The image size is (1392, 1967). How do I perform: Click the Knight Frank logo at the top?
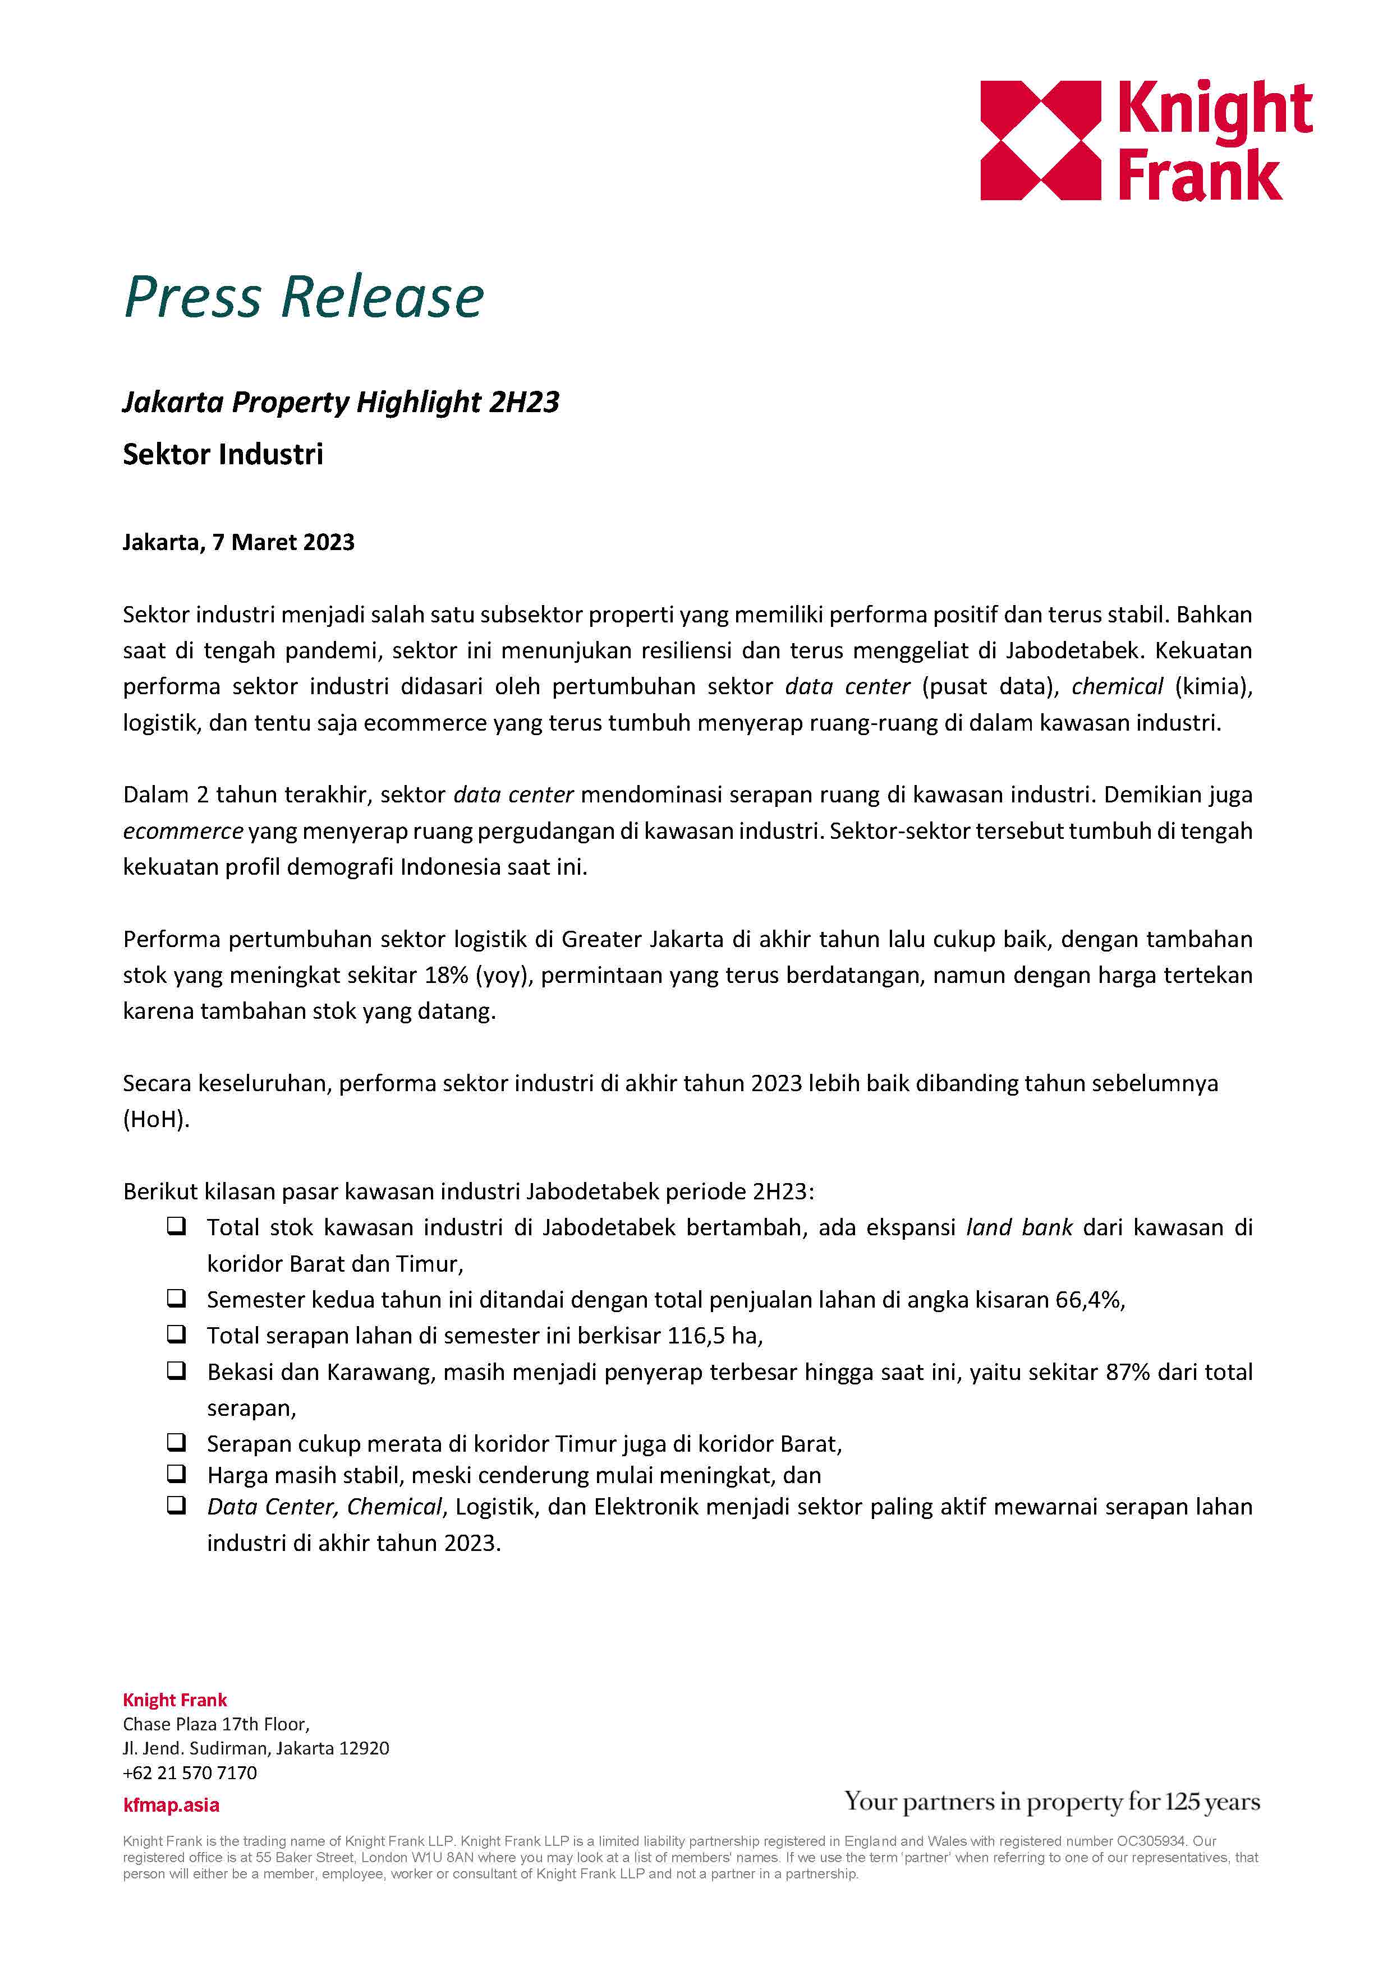coord(1145,141)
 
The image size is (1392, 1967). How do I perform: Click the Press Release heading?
coord(304,297)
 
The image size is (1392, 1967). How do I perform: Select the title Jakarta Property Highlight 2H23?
coord(341,402)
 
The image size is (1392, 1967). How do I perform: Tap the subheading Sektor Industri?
coord(223,454)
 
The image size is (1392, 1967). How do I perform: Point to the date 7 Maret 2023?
coord(283,542)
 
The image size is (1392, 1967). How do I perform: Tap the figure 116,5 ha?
coord(715,1336)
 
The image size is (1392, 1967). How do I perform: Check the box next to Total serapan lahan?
coord(177,1334)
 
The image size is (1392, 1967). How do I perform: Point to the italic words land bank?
coord(1018,1227)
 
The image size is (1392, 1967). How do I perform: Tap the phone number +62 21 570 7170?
coord(190,1772)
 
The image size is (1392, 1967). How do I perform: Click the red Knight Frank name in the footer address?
coord(175,1700)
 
